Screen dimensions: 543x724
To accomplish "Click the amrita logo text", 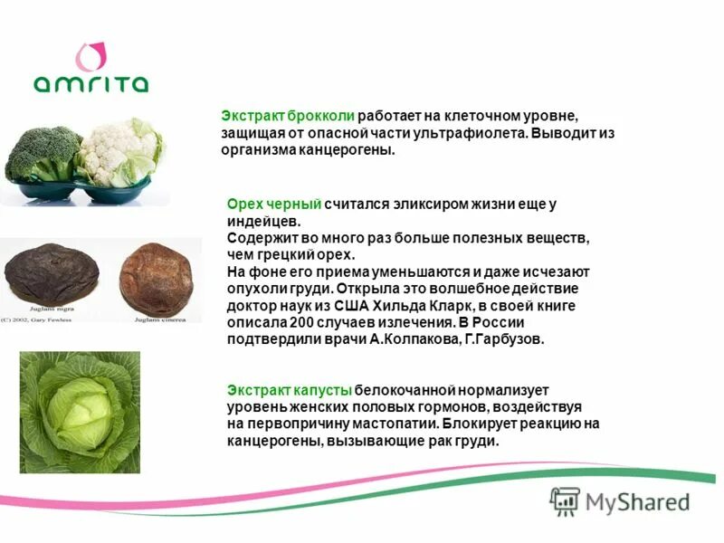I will tap(90, 84).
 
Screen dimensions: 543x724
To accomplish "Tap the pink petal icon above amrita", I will tap(90, 56).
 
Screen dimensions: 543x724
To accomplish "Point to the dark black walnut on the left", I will tap(45, 276).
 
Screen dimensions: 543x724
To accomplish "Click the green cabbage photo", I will tap(80, 412).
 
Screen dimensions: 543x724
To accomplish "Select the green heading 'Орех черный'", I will tap(269, 205).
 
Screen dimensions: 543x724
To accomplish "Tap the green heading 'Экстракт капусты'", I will tap(289, 389).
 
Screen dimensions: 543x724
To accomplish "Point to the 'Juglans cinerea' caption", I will tap(158, 319).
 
